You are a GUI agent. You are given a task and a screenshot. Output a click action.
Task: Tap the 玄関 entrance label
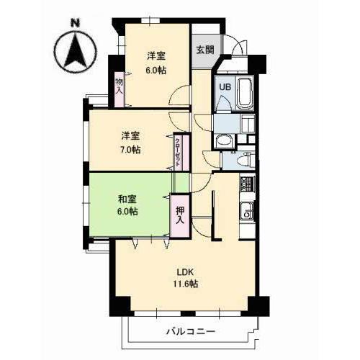click(x=204, y=50)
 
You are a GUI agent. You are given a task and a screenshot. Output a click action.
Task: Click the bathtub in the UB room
click(x=243, y=92)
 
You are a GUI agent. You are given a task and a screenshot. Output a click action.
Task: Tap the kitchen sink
click(x=246, y=212)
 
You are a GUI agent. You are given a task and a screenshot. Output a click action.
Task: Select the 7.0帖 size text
click(x=130, y=150)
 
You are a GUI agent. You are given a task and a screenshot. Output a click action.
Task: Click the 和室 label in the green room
click(x=127, y=199)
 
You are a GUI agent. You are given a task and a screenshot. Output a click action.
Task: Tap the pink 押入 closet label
click(x=179, y=215)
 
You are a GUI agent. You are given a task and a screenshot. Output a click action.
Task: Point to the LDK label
click(x=186, y=271)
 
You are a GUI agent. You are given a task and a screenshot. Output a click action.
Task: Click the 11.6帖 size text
click(x=186, y=284)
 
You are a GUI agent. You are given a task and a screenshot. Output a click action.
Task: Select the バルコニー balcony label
click(x=190, y=331)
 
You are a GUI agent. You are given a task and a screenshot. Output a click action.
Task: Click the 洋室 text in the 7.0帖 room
click(x=130, y=136)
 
